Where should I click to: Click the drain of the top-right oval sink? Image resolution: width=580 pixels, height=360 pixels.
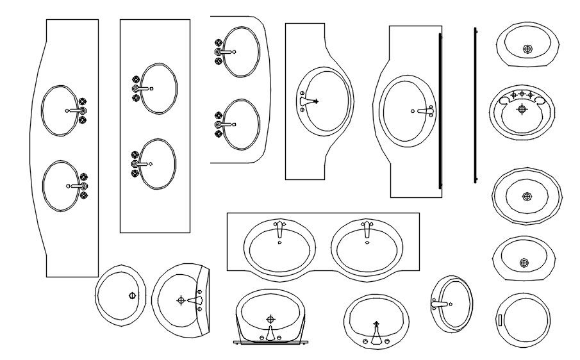527,49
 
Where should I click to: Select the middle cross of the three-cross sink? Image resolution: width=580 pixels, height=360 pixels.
522,95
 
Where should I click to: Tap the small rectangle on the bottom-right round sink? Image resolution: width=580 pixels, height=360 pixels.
501,320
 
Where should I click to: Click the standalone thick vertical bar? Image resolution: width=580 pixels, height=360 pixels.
475,105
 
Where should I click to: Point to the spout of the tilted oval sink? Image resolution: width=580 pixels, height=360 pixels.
440,304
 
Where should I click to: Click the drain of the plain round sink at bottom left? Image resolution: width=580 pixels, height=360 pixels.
132,296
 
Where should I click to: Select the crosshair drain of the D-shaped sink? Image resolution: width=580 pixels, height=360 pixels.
181,300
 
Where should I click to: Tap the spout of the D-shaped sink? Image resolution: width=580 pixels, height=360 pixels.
194,300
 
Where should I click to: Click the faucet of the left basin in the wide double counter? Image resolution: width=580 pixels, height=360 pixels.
279,229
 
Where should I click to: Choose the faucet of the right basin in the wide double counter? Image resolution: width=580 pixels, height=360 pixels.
367,229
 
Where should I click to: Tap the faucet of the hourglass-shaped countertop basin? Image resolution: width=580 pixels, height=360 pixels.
308,101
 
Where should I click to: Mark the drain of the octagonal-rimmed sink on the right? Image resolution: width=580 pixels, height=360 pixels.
527,196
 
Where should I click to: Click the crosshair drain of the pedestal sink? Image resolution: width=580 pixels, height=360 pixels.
270,318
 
